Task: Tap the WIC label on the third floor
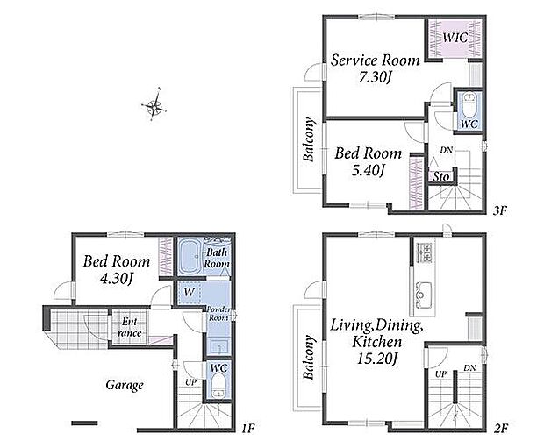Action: [455, 38]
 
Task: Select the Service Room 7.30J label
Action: [375, 68]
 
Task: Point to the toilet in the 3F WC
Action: [469, 104]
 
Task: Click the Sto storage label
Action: [440, 177]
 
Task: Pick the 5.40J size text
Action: [369, 171]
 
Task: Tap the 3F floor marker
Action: [500, 210]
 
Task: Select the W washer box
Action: [190, 292]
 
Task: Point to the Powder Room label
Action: [218, 314]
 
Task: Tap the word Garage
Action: [125, 386]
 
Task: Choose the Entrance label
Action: [129, 327]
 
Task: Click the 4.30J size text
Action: [117, 279]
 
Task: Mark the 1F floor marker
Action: [248, 429]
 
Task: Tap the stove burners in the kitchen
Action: [423, 252]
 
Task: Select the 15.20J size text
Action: [377, 358]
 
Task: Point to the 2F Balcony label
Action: [309, 358]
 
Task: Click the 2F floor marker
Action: [501, 429]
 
